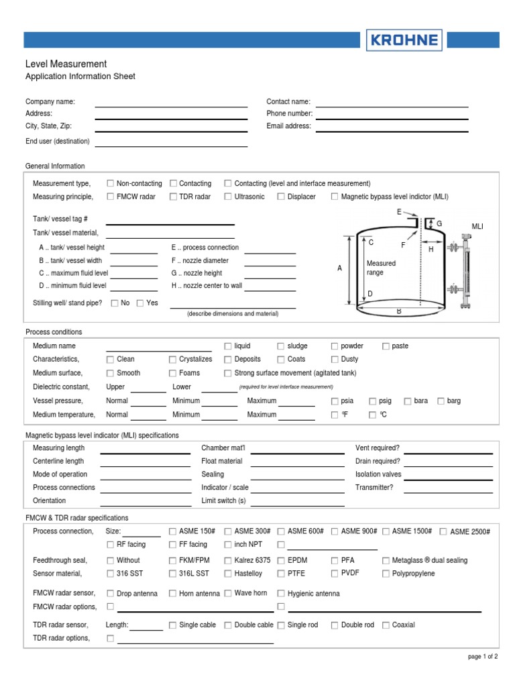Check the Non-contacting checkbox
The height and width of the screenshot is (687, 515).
(111, 183)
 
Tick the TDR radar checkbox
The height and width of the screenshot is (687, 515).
(173, 197)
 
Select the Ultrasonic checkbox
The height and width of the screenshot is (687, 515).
(228, 197)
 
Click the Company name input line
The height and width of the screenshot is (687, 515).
(171, 105)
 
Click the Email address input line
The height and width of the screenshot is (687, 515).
(392, 130)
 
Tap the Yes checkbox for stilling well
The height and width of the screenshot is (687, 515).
(140, 303)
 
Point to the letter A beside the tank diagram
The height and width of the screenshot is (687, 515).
(339, 268)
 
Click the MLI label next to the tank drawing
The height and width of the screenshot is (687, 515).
(477, 227)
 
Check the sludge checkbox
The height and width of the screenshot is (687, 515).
(281, 346)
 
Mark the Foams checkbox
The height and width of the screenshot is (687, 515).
(173, 373)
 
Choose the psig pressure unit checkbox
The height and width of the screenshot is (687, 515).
(372, 401)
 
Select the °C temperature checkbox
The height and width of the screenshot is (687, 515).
(372, 415)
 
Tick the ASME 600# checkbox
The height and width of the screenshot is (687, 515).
(281, 531)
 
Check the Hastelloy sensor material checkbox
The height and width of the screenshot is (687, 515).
(228, 574)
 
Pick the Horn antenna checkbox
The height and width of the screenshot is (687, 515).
(173, 593)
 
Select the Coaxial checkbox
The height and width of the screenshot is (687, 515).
(386, 625)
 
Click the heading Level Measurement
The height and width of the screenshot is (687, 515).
(66, 64)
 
